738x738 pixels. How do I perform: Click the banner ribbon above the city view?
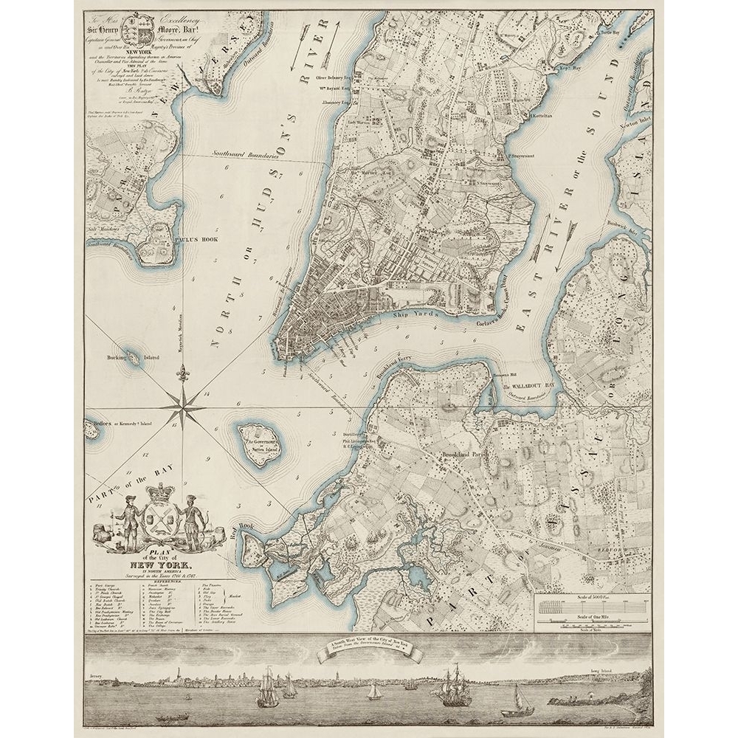[367, 652]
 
